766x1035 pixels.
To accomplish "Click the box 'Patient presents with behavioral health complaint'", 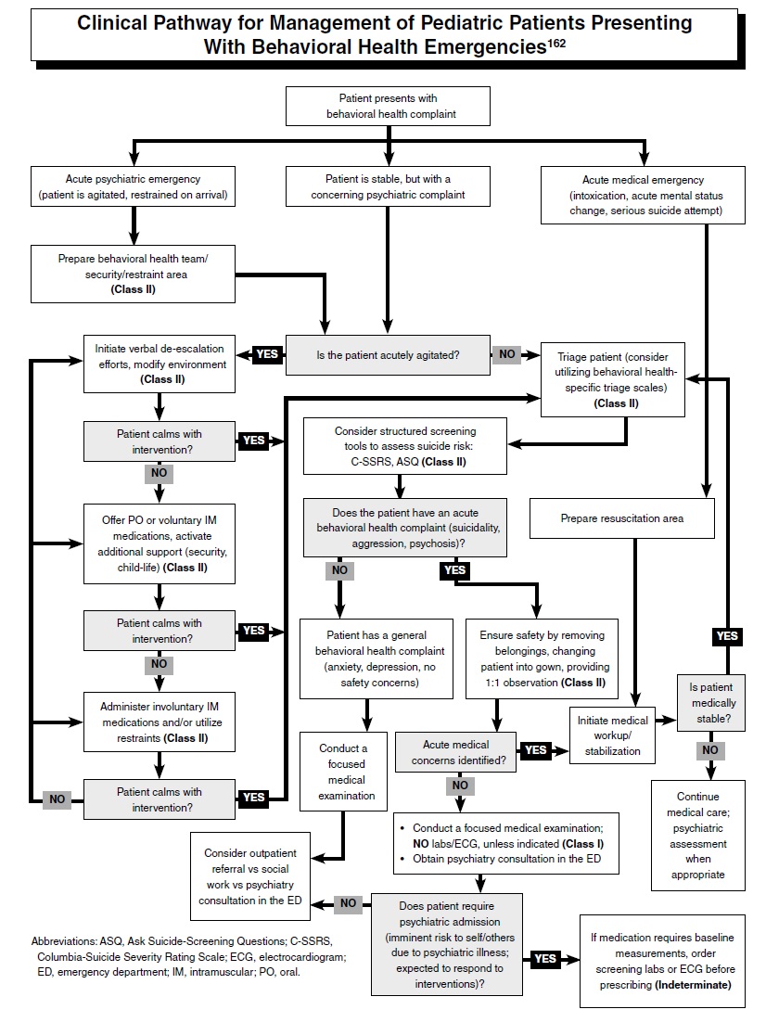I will pos(388,106).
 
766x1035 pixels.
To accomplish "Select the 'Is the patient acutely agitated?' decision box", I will pos(388,353).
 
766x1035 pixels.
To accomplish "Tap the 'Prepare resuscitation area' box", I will pos(621,518).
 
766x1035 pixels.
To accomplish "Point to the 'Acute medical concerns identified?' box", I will pos(455,752).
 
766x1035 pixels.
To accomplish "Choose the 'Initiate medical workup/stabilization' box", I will pos(613,735).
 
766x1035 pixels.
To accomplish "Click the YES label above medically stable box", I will pos(727,636).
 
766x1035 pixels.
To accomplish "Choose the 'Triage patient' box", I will pos(612,379).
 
